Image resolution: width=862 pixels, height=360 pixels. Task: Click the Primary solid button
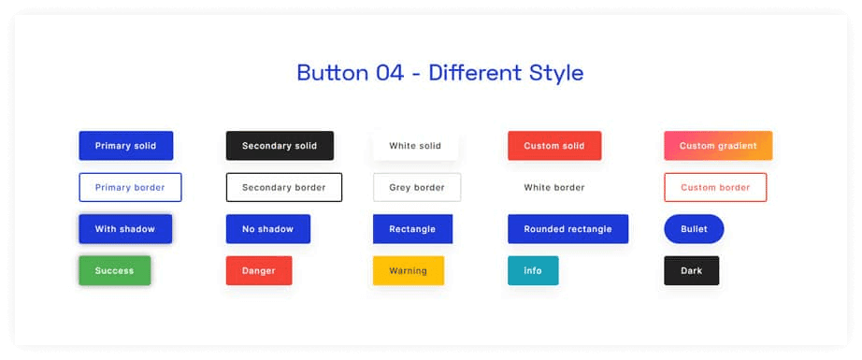point(125,146)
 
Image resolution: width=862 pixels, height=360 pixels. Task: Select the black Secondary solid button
point(280,146)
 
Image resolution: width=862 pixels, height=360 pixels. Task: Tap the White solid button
point(415,146)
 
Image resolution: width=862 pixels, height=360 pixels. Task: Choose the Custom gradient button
point(718,146)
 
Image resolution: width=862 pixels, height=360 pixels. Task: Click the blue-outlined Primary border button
point(130,187)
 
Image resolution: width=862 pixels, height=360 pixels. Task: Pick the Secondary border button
point(283,187)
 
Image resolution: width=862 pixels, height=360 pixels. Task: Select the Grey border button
point(416,187)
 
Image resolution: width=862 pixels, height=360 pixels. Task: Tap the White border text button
point(553,187)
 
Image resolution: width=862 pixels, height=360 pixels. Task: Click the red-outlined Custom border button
point(715,187)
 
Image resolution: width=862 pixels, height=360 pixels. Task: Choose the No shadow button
point(267,229)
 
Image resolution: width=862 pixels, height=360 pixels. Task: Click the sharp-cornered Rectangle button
point(412,229)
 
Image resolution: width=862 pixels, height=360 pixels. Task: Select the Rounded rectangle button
point(567,229)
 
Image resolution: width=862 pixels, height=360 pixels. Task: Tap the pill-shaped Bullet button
point(694,229)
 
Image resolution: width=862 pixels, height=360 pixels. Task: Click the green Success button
point(114,270)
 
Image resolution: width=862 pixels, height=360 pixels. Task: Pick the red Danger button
point(259,270)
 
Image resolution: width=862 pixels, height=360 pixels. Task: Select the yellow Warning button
point(408,270)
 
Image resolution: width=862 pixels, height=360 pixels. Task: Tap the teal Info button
point(533,270)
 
